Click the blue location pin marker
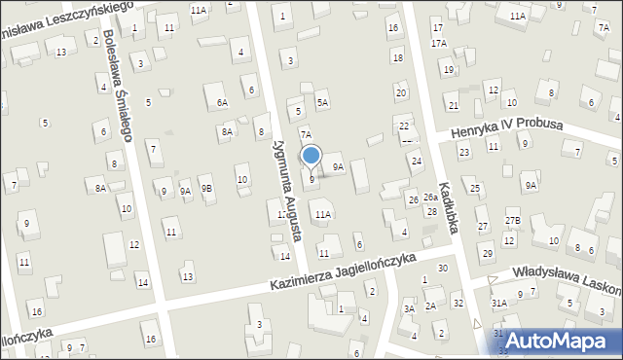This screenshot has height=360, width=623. (x=311, y=156)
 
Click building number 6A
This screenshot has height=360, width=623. (x=223, y=102)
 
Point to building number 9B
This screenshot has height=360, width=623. (x=206, y=189)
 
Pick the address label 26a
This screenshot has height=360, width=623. (x=430, y=198)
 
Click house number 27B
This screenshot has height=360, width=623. (x=513, y=221)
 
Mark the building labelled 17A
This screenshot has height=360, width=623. (x=439, y=44)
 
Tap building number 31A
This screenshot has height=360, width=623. (x=498, y=303)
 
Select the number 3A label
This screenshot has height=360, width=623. (x=410, y=308)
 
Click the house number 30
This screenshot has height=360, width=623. (x=443, y=268)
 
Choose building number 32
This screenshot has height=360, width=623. (x=458, y=304)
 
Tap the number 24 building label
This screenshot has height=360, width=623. (x=416, y=161)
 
